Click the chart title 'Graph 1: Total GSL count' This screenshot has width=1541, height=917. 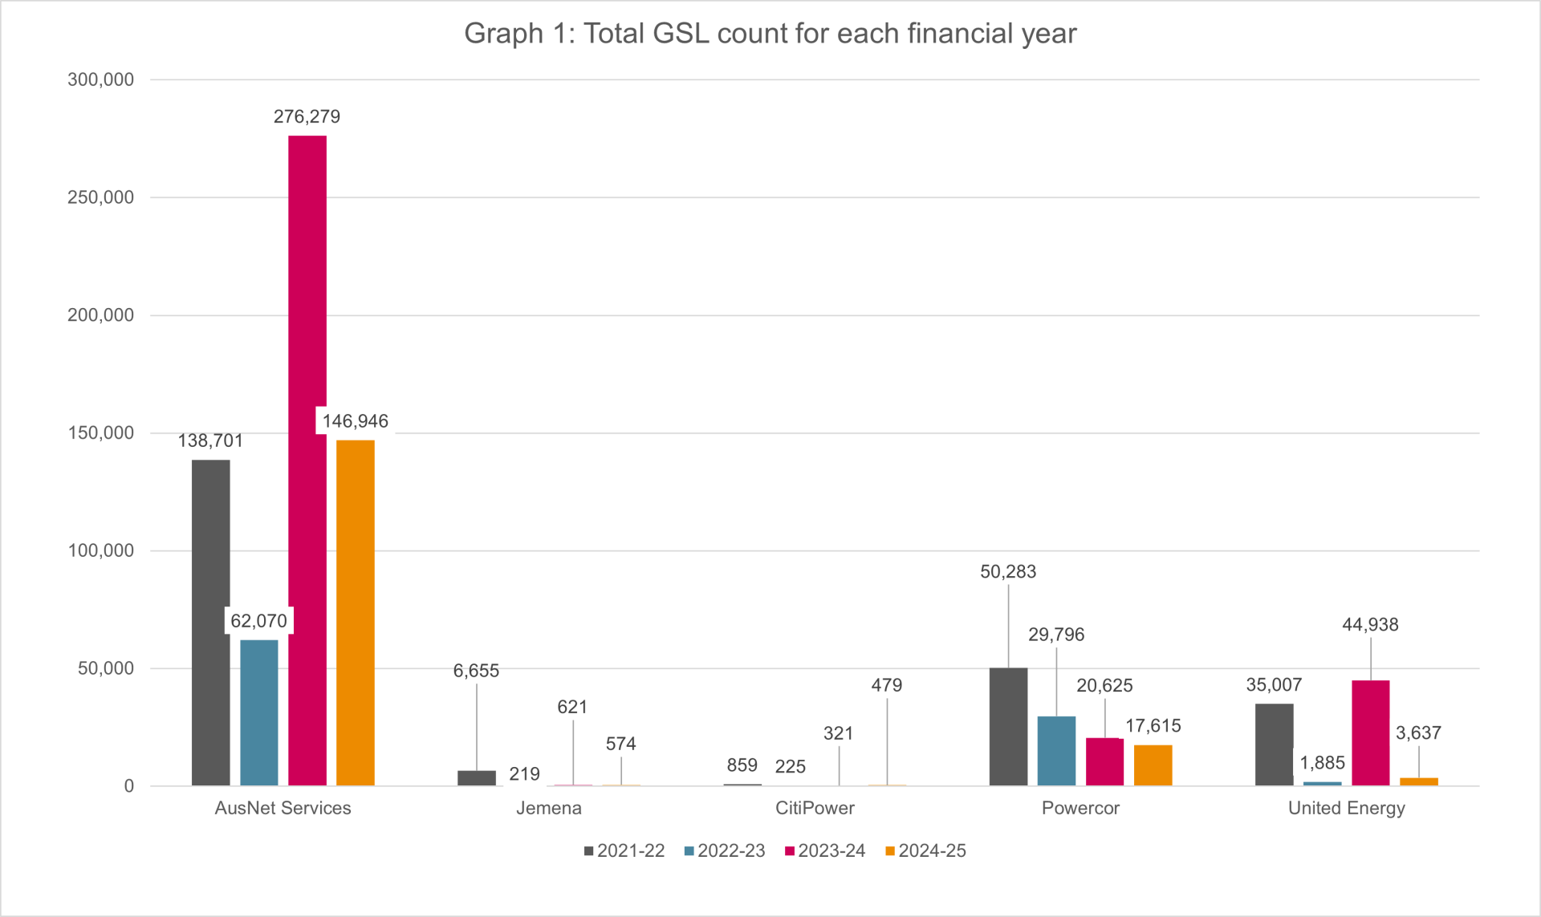coord(770,34)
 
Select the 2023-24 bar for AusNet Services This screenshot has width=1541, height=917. coord(307,461)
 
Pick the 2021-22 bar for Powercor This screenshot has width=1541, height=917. coord(1008,726)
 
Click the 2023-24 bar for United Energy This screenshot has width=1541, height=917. coord(1370,732)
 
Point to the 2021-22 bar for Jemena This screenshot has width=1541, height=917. coord(477,777)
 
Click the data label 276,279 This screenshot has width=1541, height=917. coord(307,117)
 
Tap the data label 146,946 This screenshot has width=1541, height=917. coord(355,421)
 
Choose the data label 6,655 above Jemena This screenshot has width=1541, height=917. coord(476,671)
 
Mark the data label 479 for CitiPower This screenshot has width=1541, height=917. coord(887,685)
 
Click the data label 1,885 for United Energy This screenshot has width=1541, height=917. coord(1322,763)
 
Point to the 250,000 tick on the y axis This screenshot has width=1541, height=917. coord(101,197)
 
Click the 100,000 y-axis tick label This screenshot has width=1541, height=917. coord(101,550)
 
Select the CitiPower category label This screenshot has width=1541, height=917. coord(815,808)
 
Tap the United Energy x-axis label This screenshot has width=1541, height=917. coord(1346,808)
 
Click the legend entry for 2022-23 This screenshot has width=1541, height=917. coord(725,850)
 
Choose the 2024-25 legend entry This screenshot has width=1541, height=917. coord(925,850)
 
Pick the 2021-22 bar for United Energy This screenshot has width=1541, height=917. coord(1274,745)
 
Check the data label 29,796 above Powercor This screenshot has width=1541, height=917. coord(1056,635)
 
